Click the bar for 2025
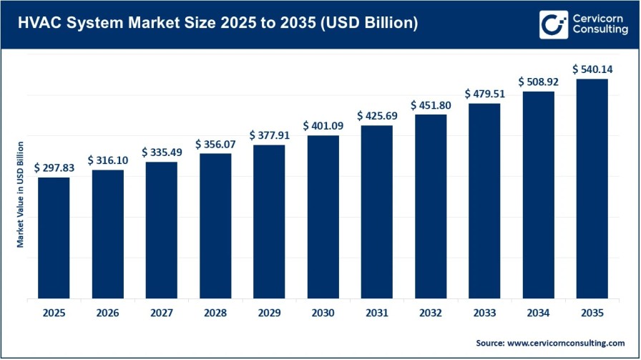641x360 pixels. pos(54,238)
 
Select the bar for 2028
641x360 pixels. pos(215,225)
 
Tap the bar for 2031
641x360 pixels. pos(376,212)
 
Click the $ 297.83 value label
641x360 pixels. pos(54,167)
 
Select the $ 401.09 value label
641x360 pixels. pos(323,125)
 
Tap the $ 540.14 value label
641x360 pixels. pos(592,69)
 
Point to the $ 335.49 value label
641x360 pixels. pos(162,152)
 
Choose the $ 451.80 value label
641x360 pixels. pos(431,105)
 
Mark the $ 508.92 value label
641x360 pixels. pos(538,82)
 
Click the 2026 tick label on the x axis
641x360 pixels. pos(107,312)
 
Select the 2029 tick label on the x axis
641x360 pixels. pos(269,312)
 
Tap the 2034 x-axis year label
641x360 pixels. pos(538,312)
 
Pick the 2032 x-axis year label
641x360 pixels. pos(431,312)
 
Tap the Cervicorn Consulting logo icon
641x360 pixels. pos(553,24)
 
